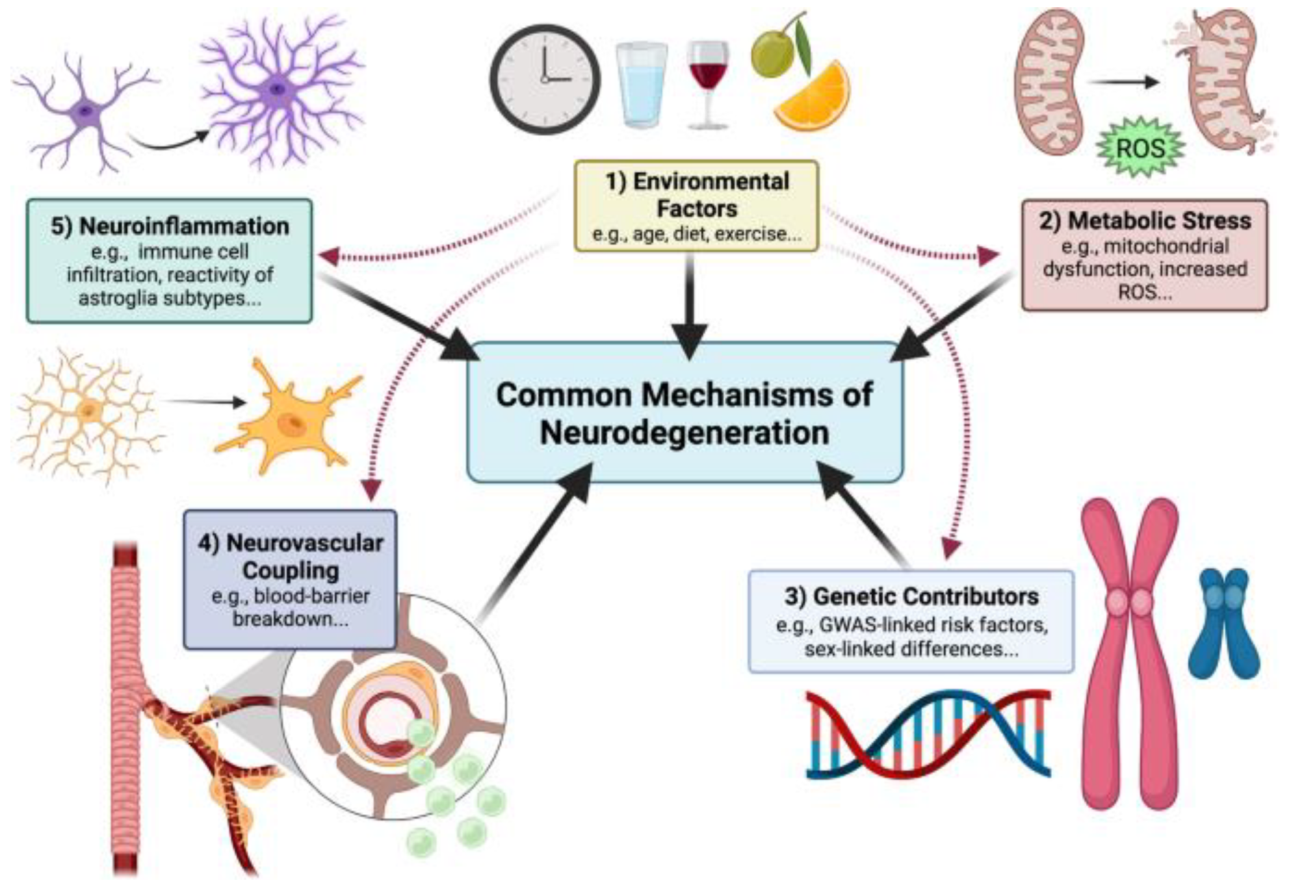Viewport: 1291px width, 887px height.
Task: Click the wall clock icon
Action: (545, 79)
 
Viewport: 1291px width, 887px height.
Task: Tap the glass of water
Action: (641, 85)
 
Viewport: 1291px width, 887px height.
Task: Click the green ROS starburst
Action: (1140, 148)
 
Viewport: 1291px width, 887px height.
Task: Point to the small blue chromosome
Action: (1223, 624)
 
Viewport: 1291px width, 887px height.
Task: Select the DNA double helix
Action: (928, 735)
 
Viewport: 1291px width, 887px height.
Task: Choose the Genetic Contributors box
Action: (911, 621)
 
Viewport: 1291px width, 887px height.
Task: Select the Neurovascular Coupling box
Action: (290, 579)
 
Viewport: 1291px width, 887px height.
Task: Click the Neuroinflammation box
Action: (169, 261)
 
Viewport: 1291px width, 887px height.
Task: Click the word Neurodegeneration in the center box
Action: (685, 432)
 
